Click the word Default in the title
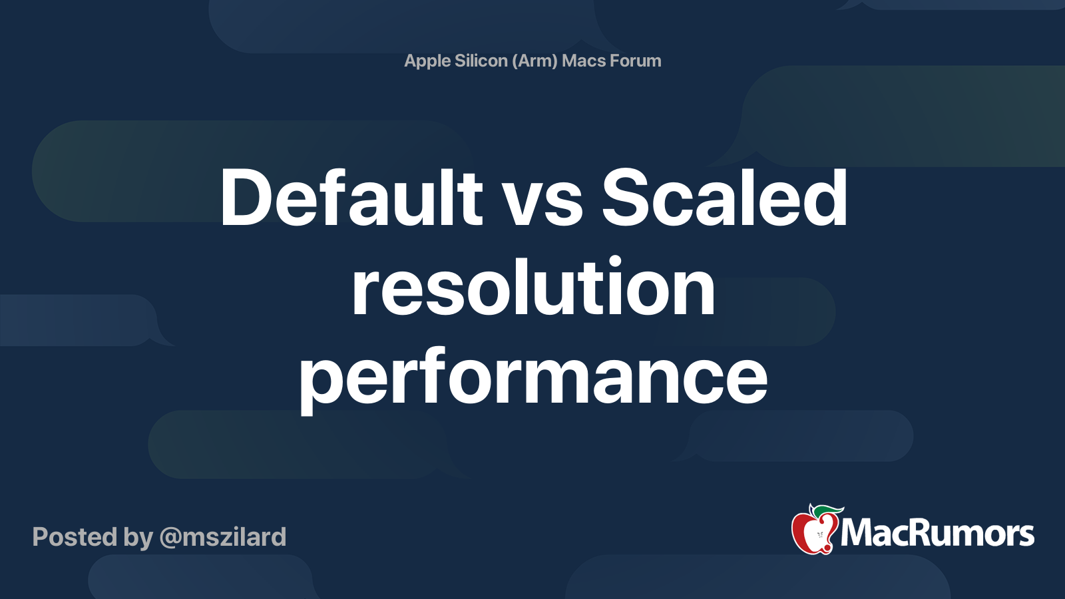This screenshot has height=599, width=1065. click(x=351, y=197)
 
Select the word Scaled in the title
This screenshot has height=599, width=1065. click(x=724, y=197)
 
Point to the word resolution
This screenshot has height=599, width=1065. click(x=533, y=287)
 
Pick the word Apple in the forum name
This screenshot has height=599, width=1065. click(x=427, y=61)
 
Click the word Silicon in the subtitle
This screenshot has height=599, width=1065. click(x=481, y=61)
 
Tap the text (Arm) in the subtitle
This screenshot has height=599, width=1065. click(x=534, y=61)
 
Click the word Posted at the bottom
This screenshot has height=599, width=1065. click(x=75, y=536)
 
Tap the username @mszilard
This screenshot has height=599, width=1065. click(x=223, y=538)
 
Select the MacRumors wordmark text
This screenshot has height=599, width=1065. click(x=937, y=533)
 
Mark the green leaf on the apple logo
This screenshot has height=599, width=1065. click(x=827, y=511)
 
